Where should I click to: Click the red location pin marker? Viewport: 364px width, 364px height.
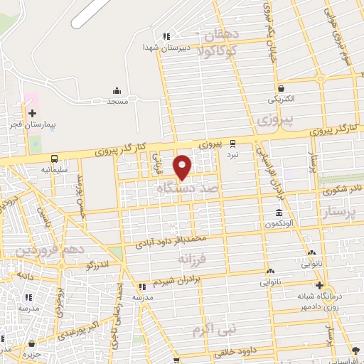tap(183, 166)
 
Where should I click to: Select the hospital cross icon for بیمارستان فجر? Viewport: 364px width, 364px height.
tap(32, 113)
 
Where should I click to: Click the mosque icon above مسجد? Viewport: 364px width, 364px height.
tap(117, 90)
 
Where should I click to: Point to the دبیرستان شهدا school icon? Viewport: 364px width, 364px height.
tap(166, 36)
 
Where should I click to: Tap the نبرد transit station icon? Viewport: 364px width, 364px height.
tap(233, 142)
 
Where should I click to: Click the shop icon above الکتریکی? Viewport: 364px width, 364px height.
tap(282, 89)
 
